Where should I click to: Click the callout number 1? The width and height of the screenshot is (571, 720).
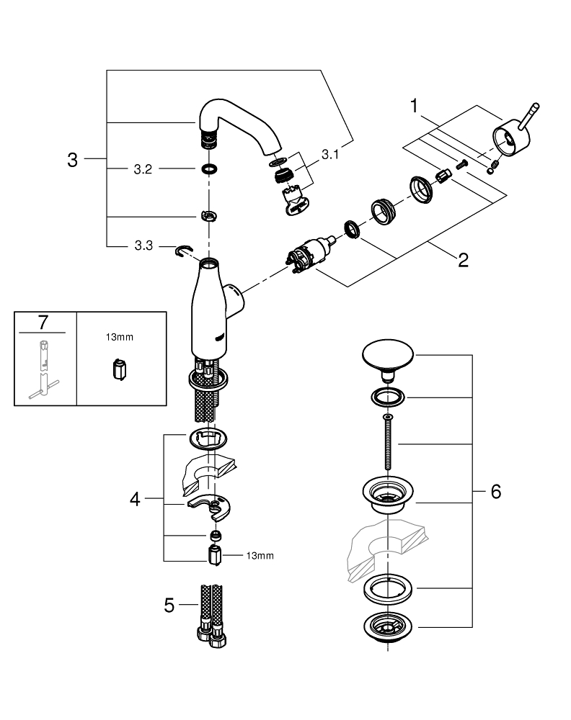click(x=415, y=107)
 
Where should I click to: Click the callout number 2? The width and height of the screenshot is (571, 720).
click(x=462, y=259)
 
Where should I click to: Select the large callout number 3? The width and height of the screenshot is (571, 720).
click(x=72, y=160)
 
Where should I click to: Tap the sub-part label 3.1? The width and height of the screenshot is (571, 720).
click(x=330, y=153)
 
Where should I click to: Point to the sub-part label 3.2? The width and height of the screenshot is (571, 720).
click(x=142, y=170)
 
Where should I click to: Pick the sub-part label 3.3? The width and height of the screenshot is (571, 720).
click(x=142, y=246)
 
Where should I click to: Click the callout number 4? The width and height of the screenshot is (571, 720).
click(x=135, y=498)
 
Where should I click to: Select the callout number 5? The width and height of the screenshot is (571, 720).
click(x=169, y=606)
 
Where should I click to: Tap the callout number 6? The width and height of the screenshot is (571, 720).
click(x=495, y=492)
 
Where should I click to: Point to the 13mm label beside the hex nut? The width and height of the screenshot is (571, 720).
click(x=260, y=555)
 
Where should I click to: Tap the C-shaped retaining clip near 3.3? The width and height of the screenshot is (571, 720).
click(x=185, y=251)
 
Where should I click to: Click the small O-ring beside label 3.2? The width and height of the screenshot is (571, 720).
click(x=209, y=170)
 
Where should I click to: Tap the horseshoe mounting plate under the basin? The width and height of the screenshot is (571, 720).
click(x=214, y=508)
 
